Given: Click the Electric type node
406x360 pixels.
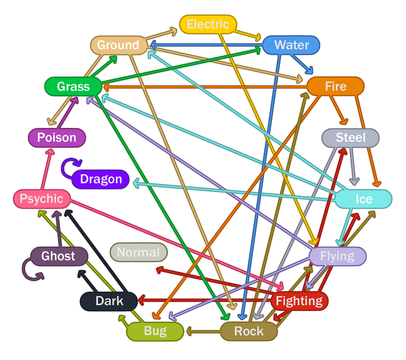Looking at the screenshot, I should (x=208, y=24).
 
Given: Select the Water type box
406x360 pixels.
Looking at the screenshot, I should (x=291, y=45).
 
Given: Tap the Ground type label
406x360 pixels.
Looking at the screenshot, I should (x=118, y=45).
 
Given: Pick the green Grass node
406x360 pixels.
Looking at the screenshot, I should (x=73, y=86).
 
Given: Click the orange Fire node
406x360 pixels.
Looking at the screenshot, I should (x=336, y=86).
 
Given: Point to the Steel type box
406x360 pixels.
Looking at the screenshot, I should (x=351, y=137).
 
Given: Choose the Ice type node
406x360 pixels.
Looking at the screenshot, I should (x=364, y=199).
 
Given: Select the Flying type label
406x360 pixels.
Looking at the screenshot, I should (x=337, y=256).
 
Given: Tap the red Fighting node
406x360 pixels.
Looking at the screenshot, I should (x=299, y=301).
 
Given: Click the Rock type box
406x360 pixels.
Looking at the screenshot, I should (x=249, y=332).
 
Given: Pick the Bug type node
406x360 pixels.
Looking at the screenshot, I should (x=155, y=332).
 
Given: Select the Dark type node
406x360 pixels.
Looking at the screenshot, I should (x=109, y=301).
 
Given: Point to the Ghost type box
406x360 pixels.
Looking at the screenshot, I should (x=58, y=256).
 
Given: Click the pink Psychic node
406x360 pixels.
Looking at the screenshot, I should (x=42, y=198).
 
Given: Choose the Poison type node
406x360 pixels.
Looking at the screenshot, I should (x=56, y=137).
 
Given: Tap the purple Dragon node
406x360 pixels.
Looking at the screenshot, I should (x=101, y=179).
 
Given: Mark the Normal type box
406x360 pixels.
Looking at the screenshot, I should (x=138, y=252).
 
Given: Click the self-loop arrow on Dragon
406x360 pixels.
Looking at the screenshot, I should (x=66, y=167).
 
